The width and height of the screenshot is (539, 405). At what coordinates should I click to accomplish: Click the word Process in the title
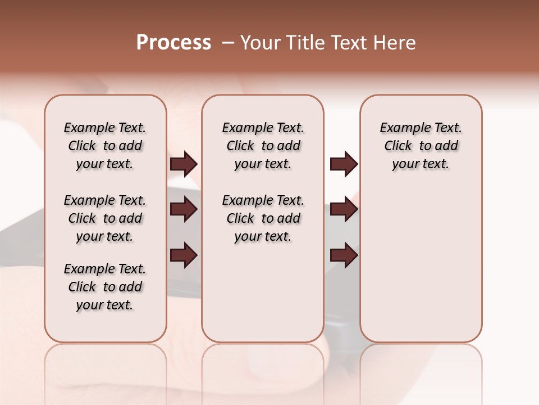(x=173, y=42)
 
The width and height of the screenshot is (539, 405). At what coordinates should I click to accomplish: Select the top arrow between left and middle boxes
(x=184, y=164)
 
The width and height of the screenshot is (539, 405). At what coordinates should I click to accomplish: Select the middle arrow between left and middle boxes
(x=184, y=209)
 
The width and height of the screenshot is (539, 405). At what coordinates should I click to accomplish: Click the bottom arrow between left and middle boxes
(x=184, y=255)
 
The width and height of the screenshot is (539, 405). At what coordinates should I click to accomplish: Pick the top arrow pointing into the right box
(x=344, y=164)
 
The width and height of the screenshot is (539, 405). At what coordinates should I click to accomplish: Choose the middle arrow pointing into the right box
(x=344, y=209)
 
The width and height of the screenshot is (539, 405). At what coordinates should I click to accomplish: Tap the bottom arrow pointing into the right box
(x=344, y=255)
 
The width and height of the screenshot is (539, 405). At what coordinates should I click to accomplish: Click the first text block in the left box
(x=105, y=146)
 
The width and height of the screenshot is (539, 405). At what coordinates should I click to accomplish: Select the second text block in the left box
(x=105, y=218)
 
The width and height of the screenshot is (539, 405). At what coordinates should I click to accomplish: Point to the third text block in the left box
(x=105, y=287)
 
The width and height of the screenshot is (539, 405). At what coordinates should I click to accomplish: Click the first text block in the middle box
(x=263, y=146)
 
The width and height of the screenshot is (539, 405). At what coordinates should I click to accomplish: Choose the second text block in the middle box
(x=263, y=218)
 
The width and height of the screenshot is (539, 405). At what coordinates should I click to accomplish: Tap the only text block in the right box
(x=421, y=146)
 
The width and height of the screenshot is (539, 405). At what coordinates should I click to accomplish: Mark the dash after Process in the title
(x=228, y=43)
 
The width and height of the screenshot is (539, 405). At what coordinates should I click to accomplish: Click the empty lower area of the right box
(x=421, y=264)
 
